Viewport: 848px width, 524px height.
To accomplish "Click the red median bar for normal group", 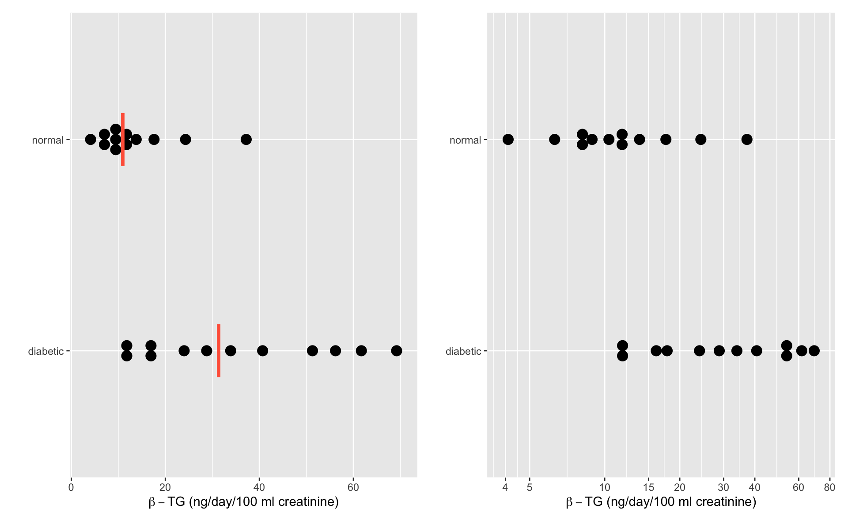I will [123, 140].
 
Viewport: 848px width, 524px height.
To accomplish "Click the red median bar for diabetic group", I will [219, 351].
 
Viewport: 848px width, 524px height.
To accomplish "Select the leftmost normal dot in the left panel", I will [91, 140].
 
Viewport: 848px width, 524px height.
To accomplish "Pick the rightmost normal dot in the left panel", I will [246, 140].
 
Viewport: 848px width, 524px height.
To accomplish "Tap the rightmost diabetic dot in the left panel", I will [397, 351].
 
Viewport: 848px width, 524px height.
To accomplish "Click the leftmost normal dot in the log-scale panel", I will [508, 140].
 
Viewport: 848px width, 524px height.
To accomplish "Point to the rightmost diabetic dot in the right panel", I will [814, 351].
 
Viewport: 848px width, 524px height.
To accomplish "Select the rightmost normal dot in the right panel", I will [747, 140].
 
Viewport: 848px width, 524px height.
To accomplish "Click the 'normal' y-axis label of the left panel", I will [48, 140].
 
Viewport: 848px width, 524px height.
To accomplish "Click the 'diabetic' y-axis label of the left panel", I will [45, 352].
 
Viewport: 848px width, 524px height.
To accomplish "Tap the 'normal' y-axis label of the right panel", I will [465, 140].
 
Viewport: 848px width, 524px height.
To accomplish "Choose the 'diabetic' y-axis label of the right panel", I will [463, 352].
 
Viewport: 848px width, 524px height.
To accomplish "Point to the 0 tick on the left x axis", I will [71, 487].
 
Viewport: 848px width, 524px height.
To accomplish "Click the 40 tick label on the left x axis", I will [259, 487].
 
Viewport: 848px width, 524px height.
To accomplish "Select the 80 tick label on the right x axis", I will [829, 487].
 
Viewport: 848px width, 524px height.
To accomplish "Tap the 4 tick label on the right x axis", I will [505, 487].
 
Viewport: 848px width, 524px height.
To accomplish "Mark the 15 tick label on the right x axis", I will [648, 487].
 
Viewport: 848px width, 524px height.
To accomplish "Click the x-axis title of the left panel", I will [244, 502].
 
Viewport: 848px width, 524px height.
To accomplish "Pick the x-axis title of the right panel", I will [661, 502].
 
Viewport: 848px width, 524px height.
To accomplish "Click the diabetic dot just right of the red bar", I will [231, 351].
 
